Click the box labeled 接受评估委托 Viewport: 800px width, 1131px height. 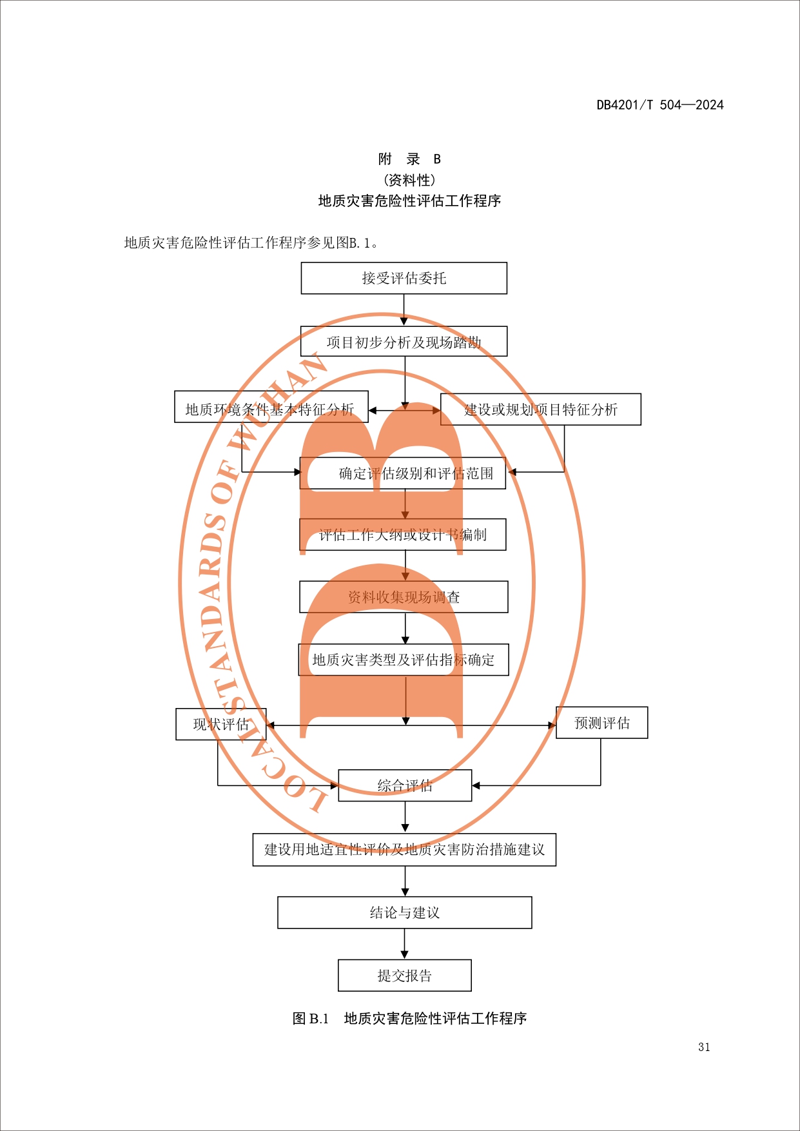pos(404,278)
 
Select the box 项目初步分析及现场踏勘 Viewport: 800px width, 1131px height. pos(404,342)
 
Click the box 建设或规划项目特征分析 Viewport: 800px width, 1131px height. pos(540,409)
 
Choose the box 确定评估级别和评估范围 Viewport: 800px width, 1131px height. pos(403,473)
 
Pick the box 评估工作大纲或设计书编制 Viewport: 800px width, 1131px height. pos(403,535)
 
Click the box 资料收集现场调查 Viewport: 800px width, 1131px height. pos(404,597)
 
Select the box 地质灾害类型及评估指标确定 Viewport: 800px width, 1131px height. pos(404,660)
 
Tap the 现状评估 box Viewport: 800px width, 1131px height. pos(220,724)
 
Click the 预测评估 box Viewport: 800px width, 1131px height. pos(601,723)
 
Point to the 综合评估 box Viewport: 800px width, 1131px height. pos(405,785)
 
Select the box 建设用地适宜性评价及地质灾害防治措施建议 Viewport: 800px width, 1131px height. pos(404,849)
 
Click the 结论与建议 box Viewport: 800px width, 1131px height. pos(405,912)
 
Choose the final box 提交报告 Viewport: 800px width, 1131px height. pos(405,976)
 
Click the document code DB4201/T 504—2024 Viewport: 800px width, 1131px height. pos(659,105)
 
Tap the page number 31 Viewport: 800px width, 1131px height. pos(704,1047)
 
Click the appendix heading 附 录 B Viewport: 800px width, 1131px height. pos(409,159)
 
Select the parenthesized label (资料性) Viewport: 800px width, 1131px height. pos(409,180)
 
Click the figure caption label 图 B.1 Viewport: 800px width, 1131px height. pos(311,1018)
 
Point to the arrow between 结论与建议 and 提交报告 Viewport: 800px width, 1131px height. pos(405,945)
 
